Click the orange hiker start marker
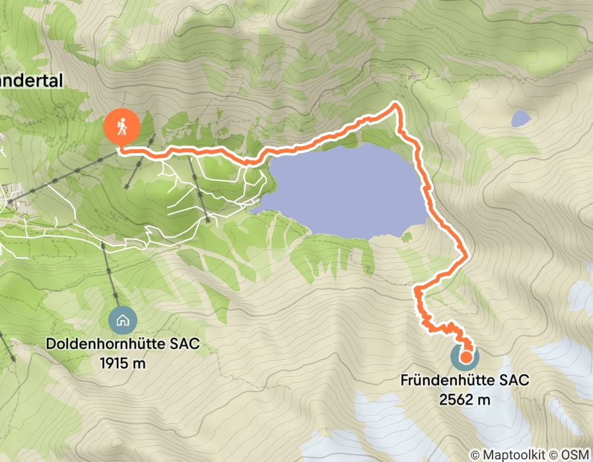[x=122, y=126]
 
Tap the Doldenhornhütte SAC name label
[x=122, y=345]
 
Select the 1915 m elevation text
[x=122, y=363]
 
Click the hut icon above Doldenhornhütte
[x=122, y=321]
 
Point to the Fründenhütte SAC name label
[x=465, y=381]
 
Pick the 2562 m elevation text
[x=465, y=399]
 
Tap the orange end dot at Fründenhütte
[x=466, y=358]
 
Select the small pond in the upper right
[x=521, y=119]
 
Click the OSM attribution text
[x=575, y=455]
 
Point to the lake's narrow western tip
[x=254, y=211]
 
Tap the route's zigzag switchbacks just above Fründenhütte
[x=439, y=326]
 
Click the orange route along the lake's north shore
[x=317, y=141]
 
